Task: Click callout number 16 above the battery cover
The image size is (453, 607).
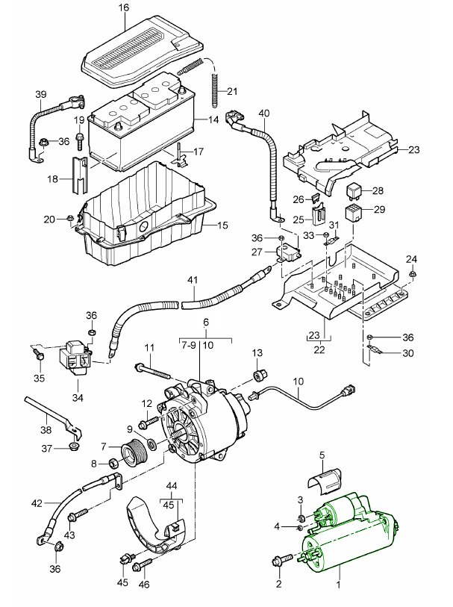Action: (x=123, y=7)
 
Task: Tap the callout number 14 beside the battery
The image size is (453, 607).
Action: (x=213, y=119)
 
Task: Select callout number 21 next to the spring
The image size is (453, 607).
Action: (x=231, y=92)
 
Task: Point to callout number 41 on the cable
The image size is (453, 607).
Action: (x=193, y=281)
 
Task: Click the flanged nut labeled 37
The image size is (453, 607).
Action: (x=73, y=447)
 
